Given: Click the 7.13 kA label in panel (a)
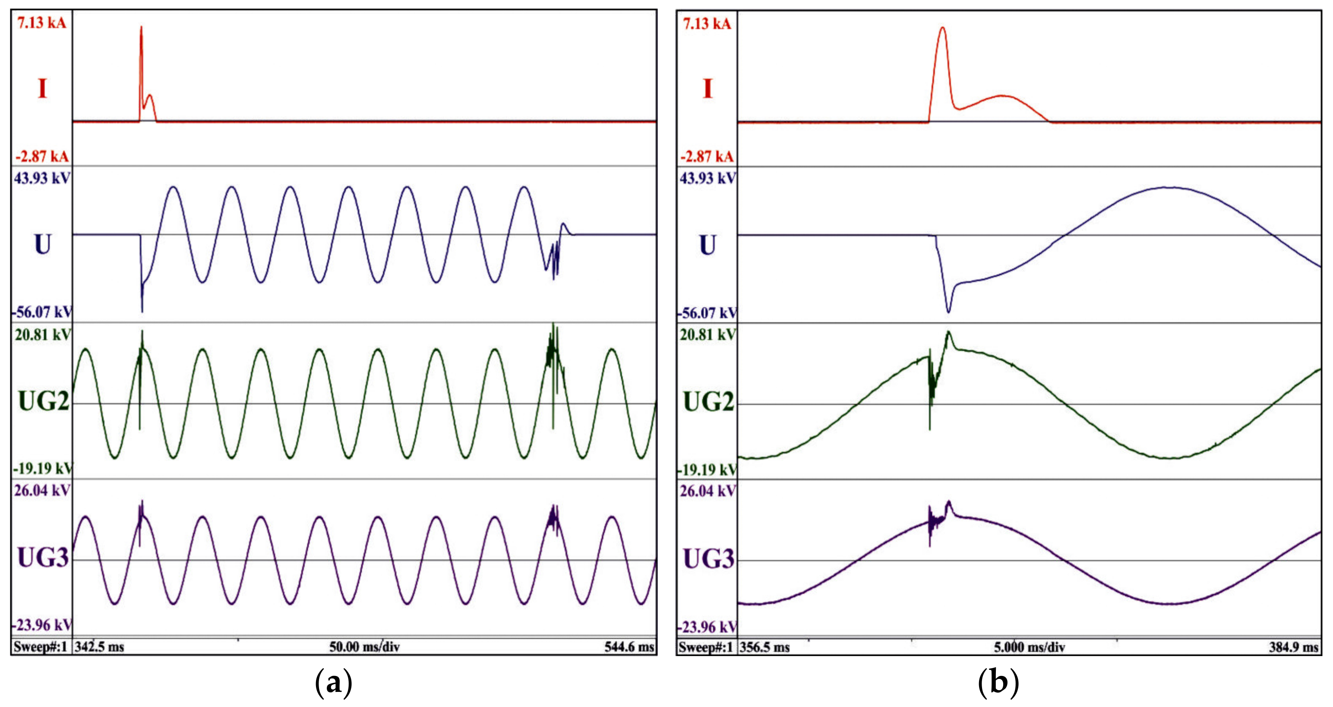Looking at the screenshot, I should pyautogui.click(x=41, y=23).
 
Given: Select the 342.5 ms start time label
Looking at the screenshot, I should pyautogui.click(x=99, y=647).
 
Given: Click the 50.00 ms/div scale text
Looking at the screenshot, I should pyautogui.click(x=364, y=647).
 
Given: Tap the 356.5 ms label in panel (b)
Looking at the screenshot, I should pyautogui.click(x=764, y=647).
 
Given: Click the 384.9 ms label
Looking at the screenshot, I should pyautogui.click(x=1294, y=647).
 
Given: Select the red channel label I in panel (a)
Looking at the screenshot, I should pyautogui.click(x=42, y=88).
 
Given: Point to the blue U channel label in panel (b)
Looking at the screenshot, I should pyautogui.click(x=708, y=245).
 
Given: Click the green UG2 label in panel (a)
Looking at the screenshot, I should pyautogui.click(x=44, y=401).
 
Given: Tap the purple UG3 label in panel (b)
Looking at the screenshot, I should pyautogui.click(x=708, y=559).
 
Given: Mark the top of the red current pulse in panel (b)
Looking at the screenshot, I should pyautogui.click(x=942, y=28).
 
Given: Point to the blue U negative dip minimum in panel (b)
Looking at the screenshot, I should pyautogui.click(x=948, y=312).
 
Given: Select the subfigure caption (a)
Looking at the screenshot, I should pyautogui.click(x=334, y=683).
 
